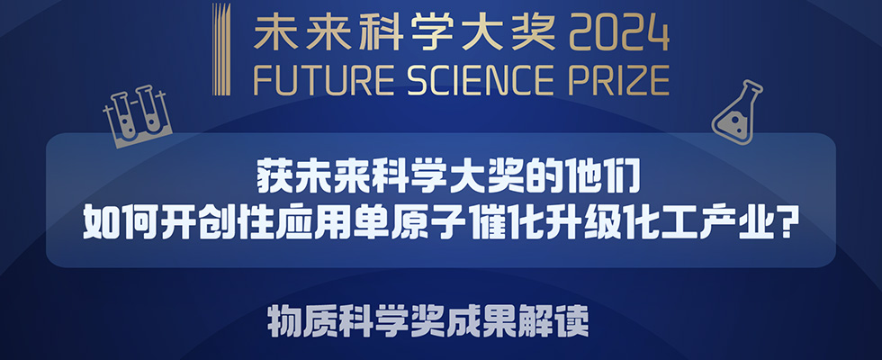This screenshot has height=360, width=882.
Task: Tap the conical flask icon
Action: (x=736, y=112)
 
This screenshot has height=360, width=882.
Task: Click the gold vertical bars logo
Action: (x=220, y=49)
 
